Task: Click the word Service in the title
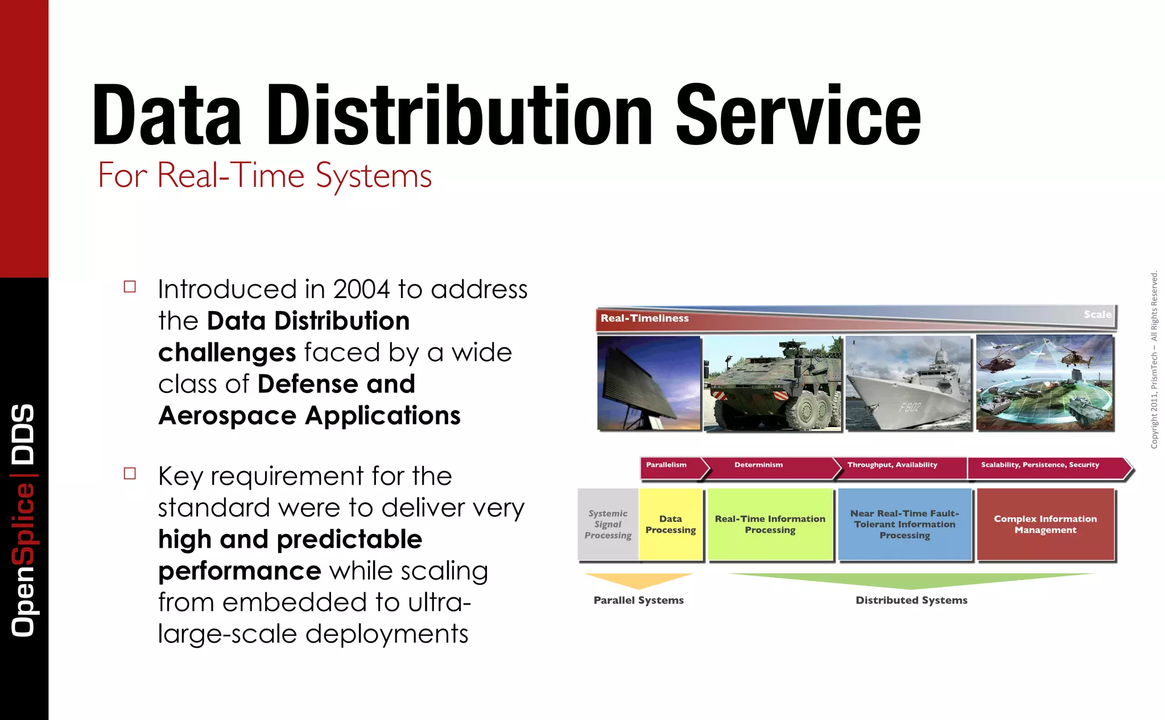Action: click(798, 116)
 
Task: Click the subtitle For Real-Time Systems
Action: click(265, 175)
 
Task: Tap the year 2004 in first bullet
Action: click(361, 289)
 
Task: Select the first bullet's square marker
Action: click(130, 287)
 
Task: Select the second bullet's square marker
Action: click(130, 473)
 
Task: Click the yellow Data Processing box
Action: click(671, 524)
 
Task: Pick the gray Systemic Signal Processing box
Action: click(608, 524)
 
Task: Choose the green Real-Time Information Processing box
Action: click(770, 524)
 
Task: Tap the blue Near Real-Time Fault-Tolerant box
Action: click(904, 524)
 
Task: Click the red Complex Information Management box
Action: click(1045, 524)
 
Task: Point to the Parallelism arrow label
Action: click(666, 465)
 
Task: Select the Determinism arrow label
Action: click(758, 465)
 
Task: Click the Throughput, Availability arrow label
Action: click(892, 465)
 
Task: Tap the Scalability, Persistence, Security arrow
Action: click(1040, 465)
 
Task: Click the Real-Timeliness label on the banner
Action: click(645, 318)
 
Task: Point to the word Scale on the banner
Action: click(1097, 315)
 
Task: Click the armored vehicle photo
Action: click(772, 383)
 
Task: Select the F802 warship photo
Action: click(908, 383)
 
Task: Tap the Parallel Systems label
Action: click(638, 601)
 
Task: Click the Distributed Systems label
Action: click(911, 601)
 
